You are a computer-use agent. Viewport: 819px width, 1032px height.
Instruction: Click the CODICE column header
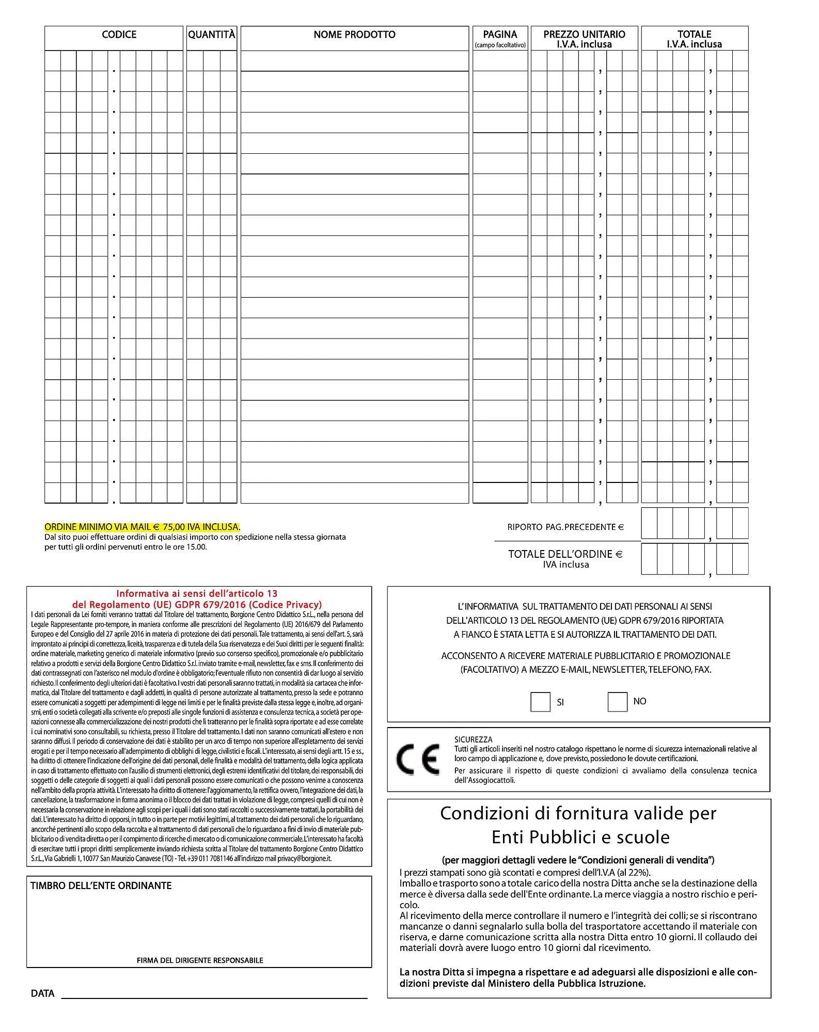119,35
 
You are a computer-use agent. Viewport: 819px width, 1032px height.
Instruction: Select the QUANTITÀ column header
211,35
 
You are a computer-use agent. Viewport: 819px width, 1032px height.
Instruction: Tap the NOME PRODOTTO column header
354,35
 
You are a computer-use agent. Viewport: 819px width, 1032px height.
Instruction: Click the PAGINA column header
500,34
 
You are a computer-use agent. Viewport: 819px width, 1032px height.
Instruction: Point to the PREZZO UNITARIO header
584,34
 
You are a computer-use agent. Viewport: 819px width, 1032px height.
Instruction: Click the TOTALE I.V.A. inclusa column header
694,39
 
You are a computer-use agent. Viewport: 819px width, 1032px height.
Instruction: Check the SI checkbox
540,702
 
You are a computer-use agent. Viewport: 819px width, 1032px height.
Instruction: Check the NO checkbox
617,701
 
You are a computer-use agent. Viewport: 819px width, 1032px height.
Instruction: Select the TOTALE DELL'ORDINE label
565,554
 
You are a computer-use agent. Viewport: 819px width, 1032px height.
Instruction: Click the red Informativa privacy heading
197,599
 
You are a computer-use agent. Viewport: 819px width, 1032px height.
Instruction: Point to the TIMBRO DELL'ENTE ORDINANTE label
101,885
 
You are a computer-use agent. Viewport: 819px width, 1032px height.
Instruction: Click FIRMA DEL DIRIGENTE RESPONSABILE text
200,960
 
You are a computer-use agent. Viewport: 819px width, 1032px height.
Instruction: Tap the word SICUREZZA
473,739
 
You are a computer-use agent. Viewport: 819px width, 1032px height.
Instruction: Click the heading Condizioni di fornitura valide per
578,813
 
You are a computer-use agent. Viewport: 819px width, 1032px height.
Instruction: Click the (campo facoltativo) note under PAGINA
500,45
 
